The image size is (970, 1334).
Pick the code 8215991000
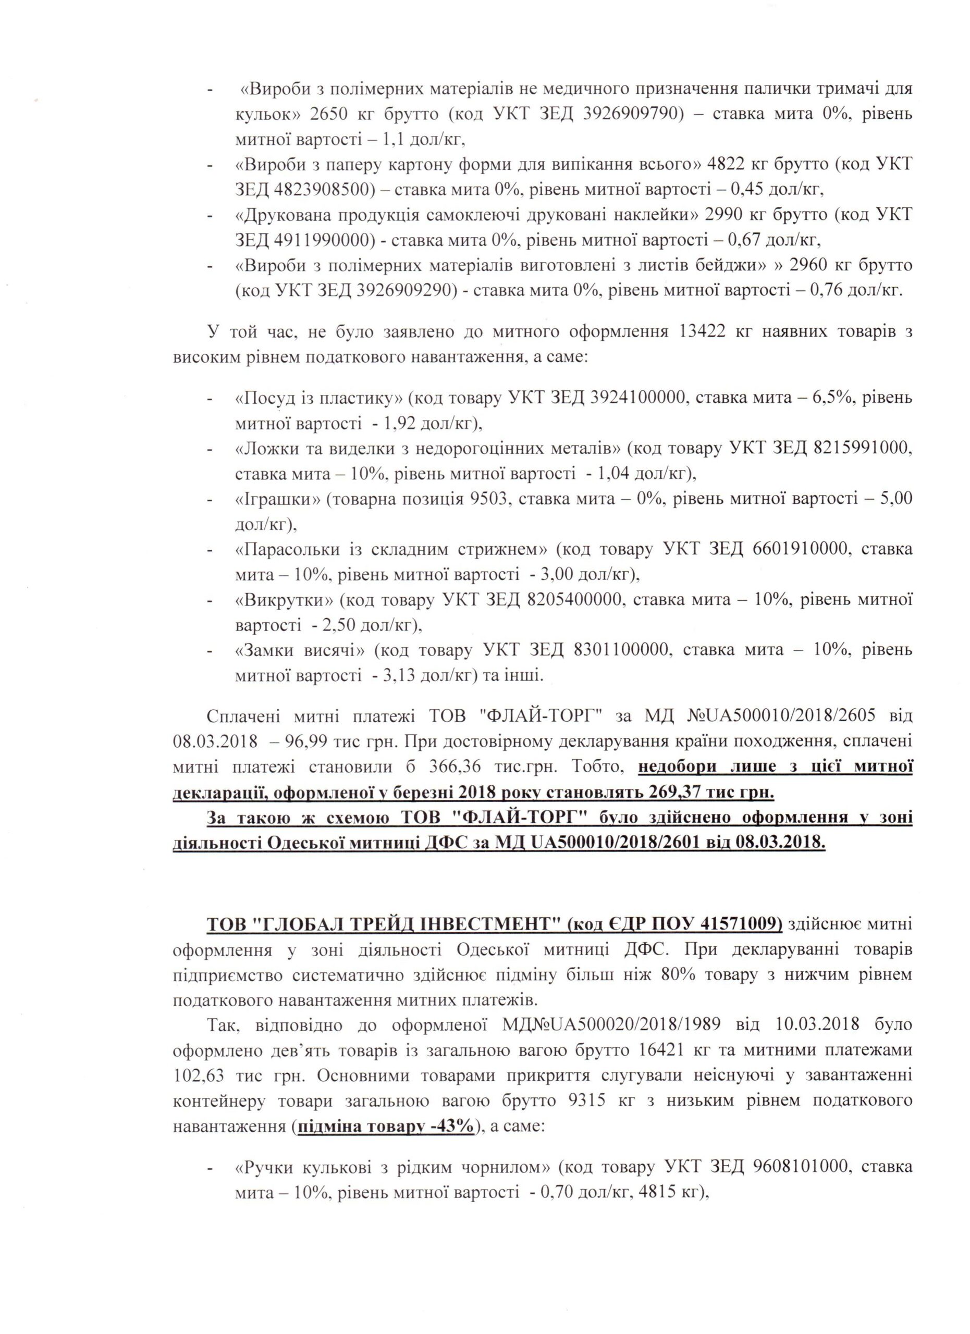click(x=863, y=449)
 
